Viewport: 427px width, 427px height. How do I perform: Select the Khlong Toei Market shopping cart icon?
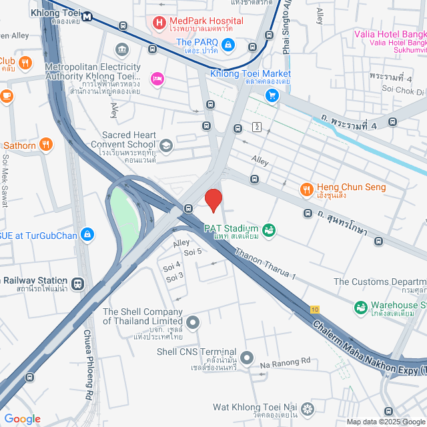pos(272,95)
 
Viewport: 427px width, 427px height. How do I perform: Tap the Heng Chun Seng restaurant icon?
pos(307,189)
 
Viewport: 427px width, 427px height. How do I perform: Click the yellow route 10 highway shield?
pos(314,308)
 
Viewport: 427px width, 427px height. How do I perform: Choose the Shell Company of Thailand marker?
pos(193,324)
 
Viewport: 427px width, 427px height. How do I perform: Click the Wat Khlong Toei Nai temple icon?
pos(307,408)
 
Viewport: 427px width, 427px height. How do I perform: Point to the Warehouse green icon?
pos(360,308)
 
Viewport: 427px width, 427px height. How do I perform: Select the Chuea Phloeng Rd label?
pos(88,357)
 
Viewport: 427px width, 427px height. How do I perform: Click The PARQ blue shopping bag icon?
pos(228,45)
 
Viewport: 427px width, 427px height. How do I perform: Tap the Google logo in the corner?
pos(22,419)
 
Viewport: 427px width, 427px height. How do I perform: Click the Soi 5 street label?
pos(193,252)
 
